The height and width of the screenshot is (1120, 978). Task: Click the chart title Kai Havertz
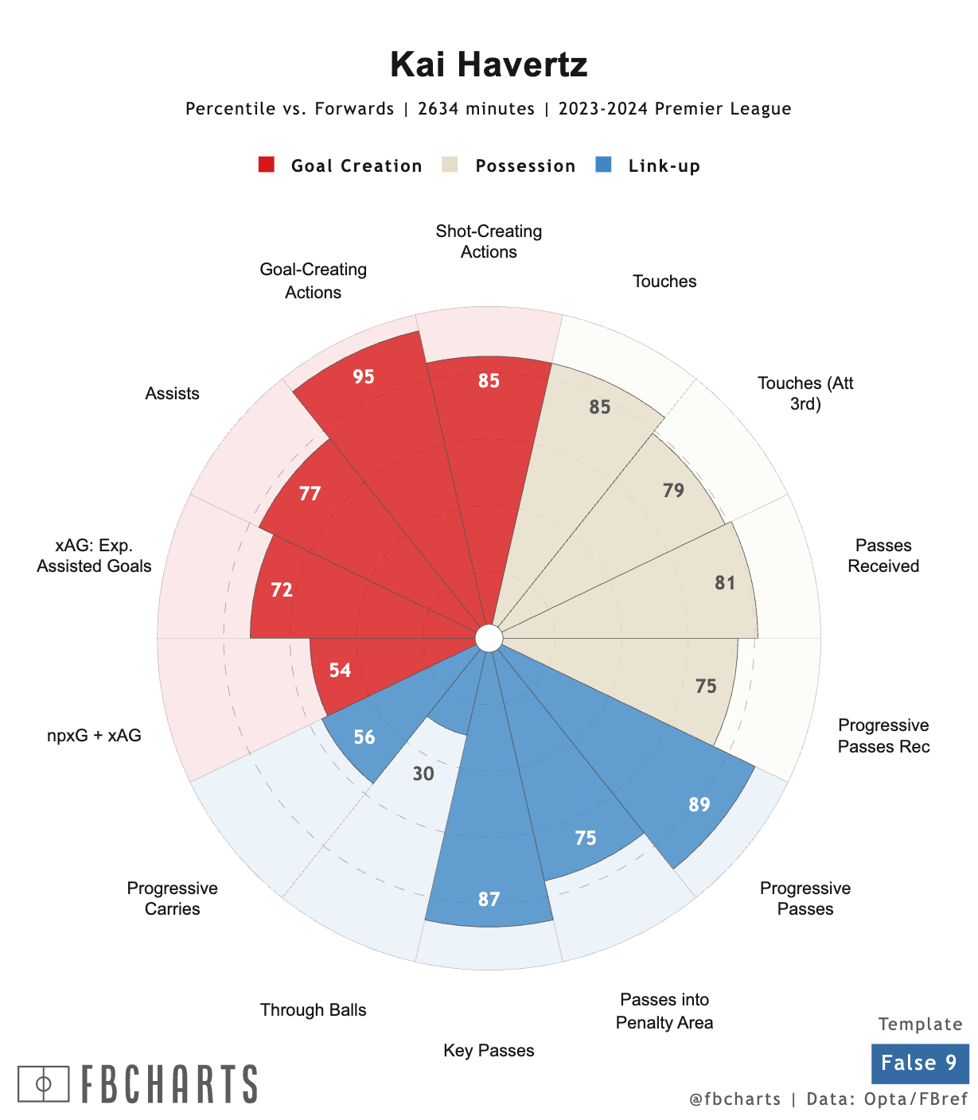click(x=489, y=64)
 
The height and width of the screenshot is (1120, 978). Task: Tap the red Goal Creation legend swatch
click(x=267, y=165)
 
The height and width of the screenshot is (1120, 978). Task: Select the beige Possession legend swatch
click(x=450, y=165)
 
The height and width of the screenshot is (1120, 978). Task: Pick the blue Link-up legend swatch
click(x=603, y=165)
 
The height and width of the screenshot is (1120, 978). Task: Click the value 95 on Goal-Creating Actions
click(x=364, y=376)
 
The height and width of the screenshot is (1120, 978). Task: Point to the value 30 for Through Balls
click(x=423, y=773)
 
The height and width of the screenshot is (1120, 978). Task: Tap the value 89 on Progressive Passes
click(x=699, y=804)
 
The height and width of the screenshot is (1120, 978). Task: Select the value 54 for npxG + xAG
click(x=340, y=670)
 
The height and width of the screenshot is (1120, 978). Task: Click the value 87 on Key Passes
click(x=489, y=899)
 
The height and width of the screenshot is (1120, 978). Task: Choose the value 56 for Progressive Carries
click(x=364, y=737)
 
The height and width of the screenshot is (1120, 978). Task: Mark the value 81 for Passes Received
click(x=725, y=583)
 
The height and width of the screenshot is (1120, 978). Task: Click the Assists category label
click(x=172, y=394)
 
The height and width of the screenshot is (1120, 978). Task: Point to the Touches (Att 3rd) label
click(x=805, y=394)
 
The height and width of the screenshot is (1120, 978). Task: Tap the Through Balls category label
click(x=313, y=1010)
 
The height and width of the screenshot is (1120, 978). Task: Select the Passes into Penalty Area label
click(x=664, y=1011)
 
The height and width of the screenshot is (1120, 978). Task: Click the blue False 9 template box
click(x=919, y=1063)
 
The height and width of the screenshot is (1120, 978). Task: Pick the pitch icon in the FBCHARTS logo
click(x=44, y=1083)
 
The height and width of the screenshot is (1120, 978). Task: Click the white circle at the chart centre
click(x=489, y=638)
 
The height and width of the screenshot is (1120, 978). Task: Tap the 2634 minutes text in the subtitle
click(x=476, y=109)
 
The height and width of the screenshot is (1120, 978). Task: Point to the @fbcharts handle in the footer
click(x=734, y=1099)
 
